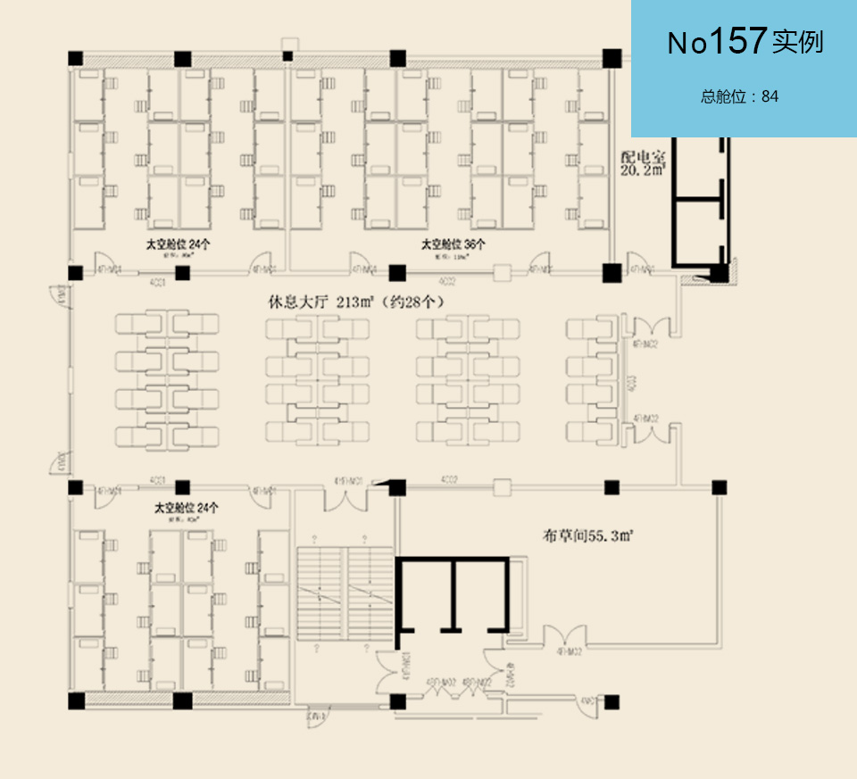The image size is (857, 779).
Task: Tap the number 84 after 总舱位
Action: point(770,96)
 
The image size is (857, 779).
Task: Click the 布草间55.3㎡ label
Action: point(588,536)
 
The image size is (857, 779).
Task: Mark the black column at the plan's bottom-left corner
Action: point(76,700)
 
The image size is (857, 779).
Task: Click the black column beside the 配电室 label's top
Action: point(612,59)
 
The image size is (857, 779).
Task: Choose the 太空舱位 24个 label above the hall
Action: point(178,243)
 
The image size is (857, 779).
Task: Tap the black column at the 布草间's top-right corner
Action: point(718,487)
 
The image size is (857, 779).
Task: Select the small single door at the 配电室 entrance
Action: point(641,265)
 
